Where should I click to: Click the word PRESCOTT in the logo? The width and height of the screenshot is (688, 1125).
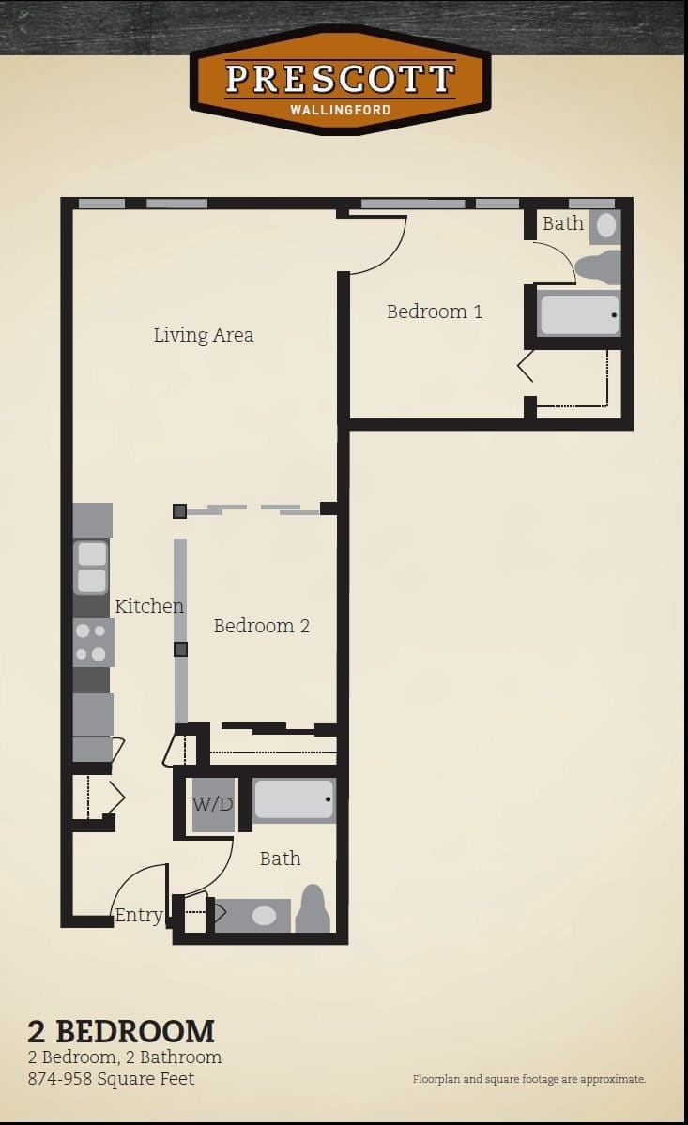pyautogui.click(x=340, y=79)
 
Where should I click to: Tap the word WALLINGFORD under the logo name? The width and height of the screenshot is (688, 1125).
pyautogui.click(x=340, y=110)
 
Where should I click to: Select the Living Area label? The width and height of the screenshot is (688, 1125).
pyautogui.click(x=204, y=335)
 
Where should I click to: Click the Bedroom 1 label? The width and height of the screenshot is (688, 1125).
pyautogui.click(x=435, y=312)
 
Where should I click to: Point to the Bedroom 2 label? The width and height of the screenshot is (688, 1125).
pyautogui.click(x=261, y=626)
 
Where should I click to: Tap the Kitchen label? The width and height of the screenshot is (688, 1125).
pyautogui.click(x=149, y=606)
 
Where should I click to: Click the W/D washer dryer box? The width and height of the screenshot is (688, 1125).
pyautogui.click(x=213, y=805)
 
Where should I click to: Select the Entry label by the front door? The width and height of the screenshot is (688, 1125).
pyautogui.click(x=138, y=916)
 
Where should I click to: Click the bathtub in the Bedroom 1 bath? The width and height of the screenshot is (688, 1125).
pyautogui.click(x=579, y=314)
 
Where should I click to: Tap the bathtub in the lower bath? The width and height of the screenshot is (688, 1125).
pyautogui.click(x=294, y=800)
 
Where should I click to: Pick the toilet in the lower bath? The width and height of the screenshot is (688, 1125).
pyautogui.click(x=313, y=910)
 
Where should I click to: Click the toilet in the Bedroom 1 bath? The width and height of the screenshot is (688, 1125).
pyautogui.click(x=598, y=267)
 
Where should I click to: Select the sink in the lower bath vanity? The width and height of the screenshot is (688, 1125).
pyautogui.click(x=264, y=915)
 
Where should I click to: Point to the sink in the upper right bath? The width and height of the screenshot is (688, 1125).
pyautogui.click(x=606, y=225)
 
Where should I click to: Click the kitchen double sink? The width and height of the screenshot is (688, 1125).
pyautogui.click(x=92, y=568)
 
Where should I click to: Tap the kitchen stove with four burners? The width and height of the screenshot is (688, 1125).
pyautogui.click(x=93, y=643)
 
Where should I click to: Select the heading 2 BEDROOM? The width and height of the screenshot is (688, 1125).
pyautogui.click(x=121, y=1031)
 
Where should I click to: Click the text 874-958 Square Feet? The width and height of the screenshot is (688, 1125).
pyautogui.click(x=111, y=1079)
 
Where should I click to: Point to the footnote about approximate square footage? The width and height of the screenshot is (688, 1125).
pyautogui.click(x=529, y=1079)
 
